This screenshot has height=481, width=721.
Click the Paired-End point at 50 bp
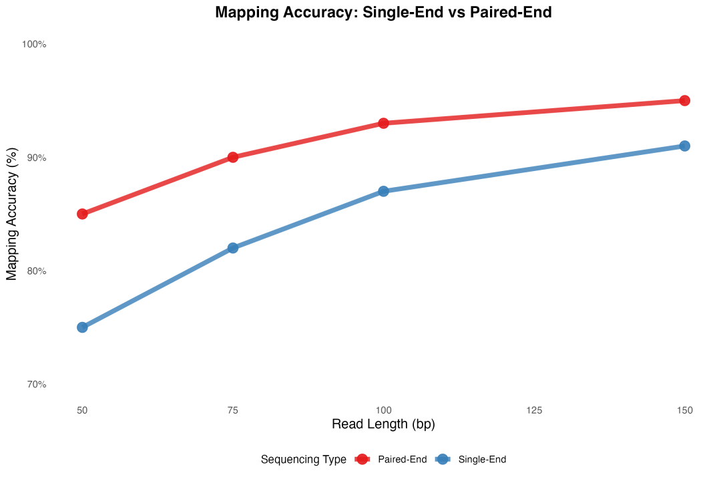tap(82, 214)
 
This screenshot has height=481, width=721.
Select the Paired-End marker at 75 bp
tap(233, 157)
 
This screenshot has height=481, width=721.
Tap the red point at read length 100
tap(383, 123)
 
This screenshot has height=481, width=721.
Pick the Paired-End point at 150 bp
tap(684, 100)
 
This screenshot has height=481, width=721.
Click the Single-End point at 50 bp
tap(82, 327)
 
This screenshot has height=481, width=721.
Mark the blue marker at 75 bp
tap(233, 248)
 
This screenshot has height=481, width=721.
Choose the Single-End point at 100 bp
tap(383, 191)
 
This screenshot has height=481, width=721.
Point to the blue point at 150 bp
tap(684, 146)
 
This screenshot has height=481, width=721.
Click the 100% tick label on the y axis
tap(34, 44)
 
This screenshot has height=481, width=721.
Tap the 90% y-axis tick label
tap(36, 158)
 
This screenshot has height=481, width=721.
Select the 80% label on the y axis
tap(36, 271)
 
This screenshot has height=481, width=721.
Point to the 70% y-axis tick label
tap(36, 385)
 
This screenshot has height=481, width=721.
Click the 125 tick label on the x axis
tap(534, 410)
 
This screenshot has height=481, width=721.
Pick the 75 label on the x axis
tap(233, 410)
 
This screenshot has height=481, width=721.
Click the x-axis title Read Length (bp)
tap(383, 424)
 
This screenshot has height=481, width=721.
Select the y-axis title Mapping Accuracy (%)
tap(11, 214)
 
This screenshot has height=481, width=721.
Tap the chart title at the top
tap(383, 12)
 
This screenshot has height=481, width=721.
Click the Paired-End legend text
tap(402, 460)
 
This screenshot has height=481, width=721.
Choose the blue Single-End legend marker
tap(442, 459)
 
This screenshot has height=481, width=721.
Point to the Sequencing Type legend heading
tap(303, 460)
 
